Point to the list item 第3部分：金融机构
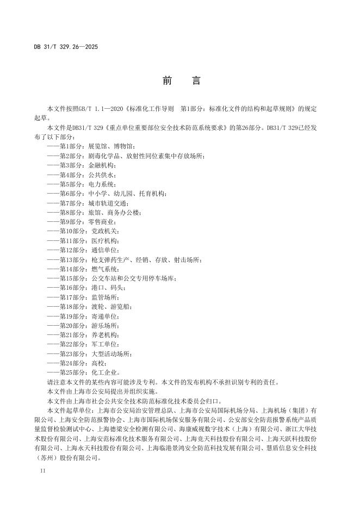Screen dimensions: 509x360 coord(81,165)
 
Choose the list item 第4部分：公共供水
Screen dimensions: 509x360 coord(81,175)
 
